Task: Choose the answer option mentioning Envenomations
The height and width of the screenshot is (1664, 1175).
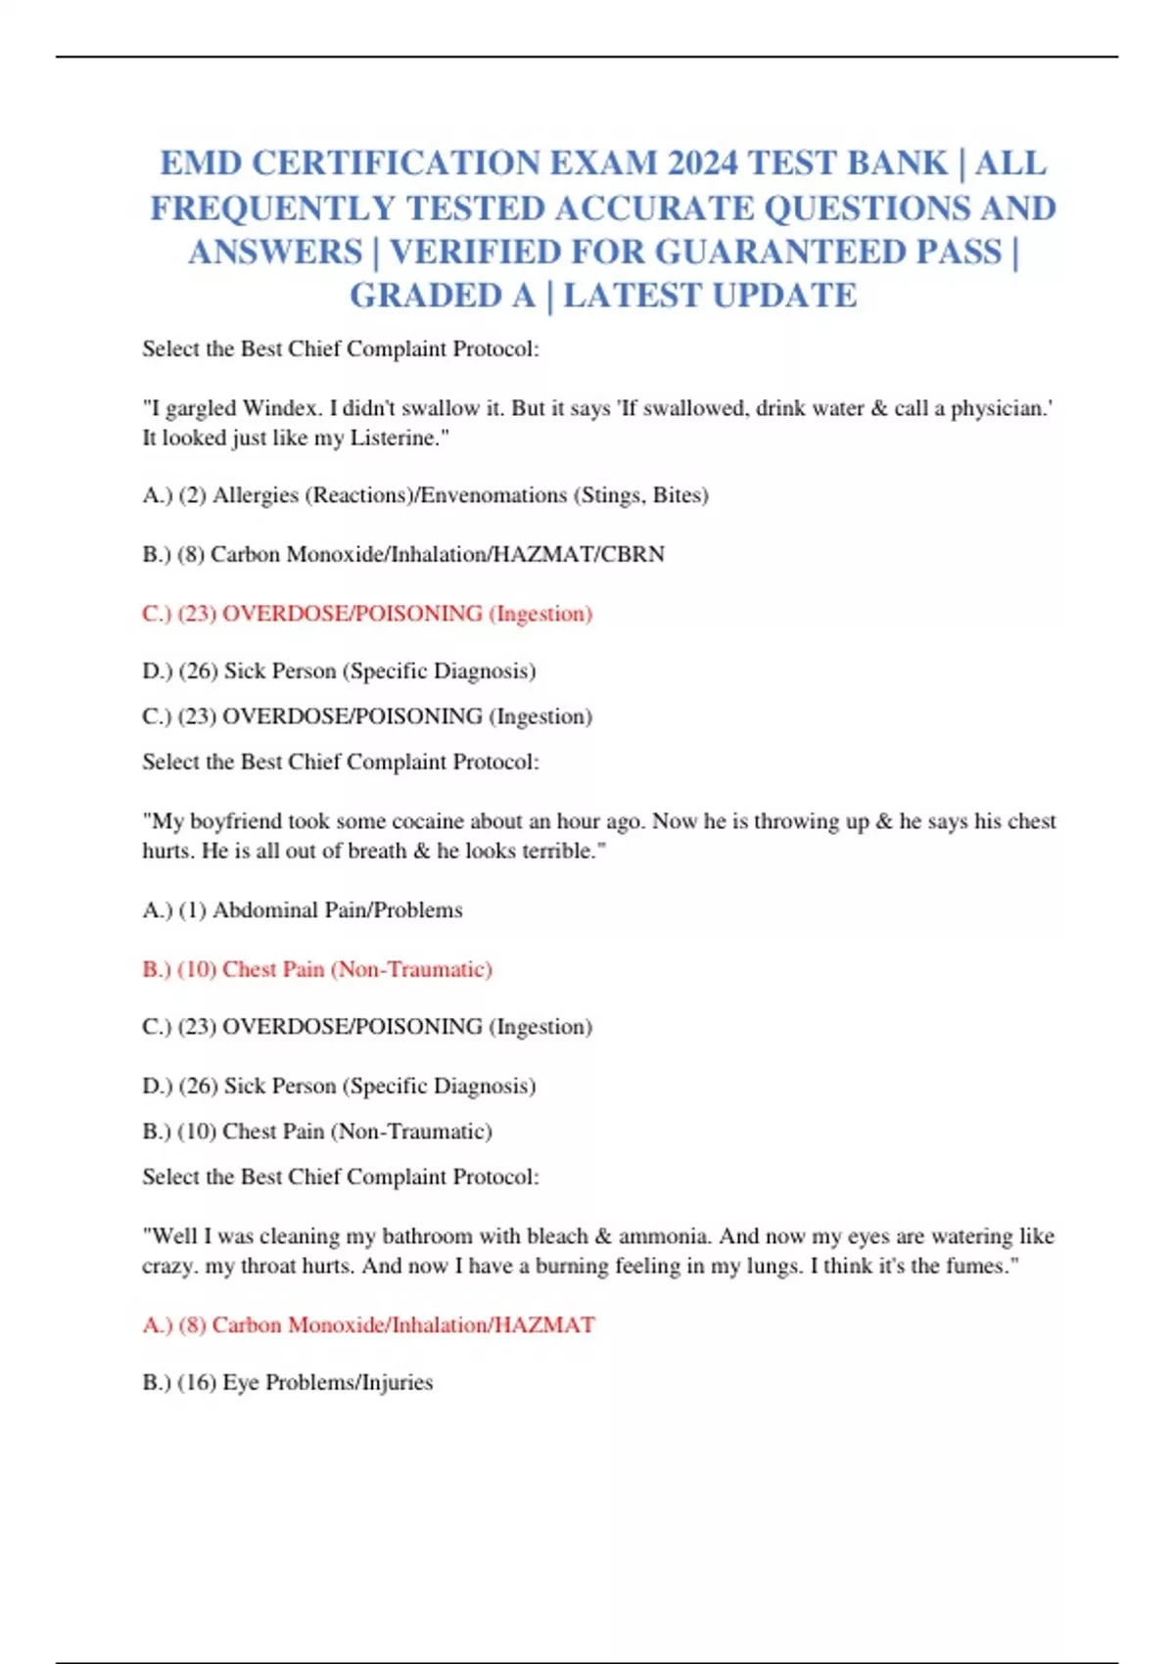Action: (426, 495)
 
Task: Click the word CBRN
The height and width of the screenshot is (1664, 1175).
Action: (633, 554)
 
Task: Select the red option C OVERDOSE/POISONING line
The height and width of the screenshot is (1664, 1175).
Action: (367, 614)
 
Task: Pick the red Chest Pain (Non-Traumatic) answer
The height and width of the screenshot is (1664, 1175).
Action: (317, 969)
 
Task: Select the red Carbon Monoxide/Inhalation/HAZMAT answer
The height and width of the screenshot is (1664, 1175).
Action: (368, 1325)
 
